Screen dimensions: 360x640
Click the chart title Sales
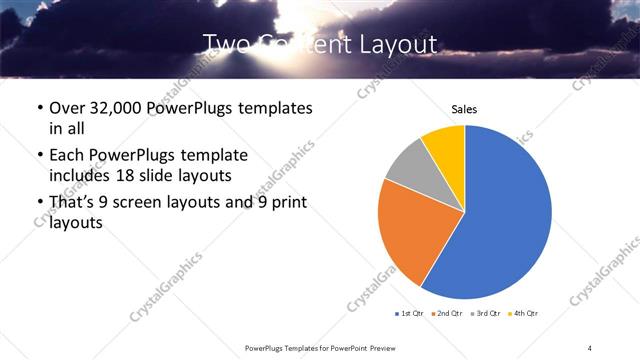464,108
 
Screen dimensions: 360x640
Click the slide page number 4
590,347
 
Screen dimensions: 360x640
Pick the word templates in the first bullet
275,107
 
